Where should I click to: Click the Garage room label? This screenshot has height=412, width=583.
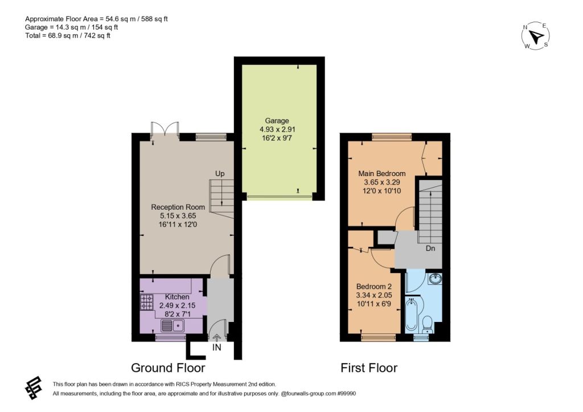pyautogui.click(x=277, y=121)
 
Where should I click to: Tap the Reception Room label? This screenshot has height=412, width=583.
pyautogui.click(x=178, y=207)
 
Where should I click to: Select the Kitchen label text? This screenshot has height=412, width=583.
pyautogui.click(x=177, y=297)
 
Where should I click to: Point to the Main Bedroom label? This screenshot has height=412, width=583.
pyautogui.click(x=382, y=173)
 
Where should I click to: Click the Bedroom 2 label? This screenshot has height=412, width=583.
pyautogui.click(x=373, y=287)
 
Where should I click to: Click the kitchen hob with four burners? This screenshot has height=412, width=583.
pyautogui.click(x=146, y=302)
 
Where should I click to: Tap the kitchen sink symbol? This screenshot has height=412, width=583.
pyautogui.click(x=173, y=325)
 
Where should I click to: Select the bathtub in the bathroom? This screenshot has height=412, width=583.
pyautogui.click(x=411, y=315)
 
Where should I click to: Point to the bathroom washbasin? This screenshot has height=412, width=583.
pyautogui.click(x=435, y=279)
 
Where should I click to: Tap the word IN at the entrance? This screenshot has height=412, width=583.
pyautogui.click(x=216, y=347)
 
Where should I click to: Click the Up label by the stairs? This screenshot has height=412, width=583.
pyautogui.click(x=220, y=173)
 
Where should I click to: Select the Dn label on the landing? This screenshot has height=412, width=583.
pyautogui.click(x=430, y=248)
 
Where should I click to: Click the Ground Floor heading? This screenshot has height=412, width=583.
pyautogui.click(x=168, y=368)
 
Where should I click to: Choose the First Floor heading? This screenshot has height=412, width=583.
pyautogui.click(x=369, y=368)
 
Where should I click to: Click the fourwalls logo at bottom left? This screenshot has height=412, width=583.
pyautogui.click(x=33, y=388)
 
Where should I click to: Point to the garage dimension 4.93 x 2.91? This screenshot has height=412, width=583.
pyautogui.click(x=277, y=129)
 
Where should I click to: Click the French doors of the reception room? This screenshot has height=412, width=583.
pyautogui.click(x=165, y=131)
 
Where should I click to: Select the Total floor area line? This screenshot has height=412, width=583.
pyautogui.click(x=68, y=36)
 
